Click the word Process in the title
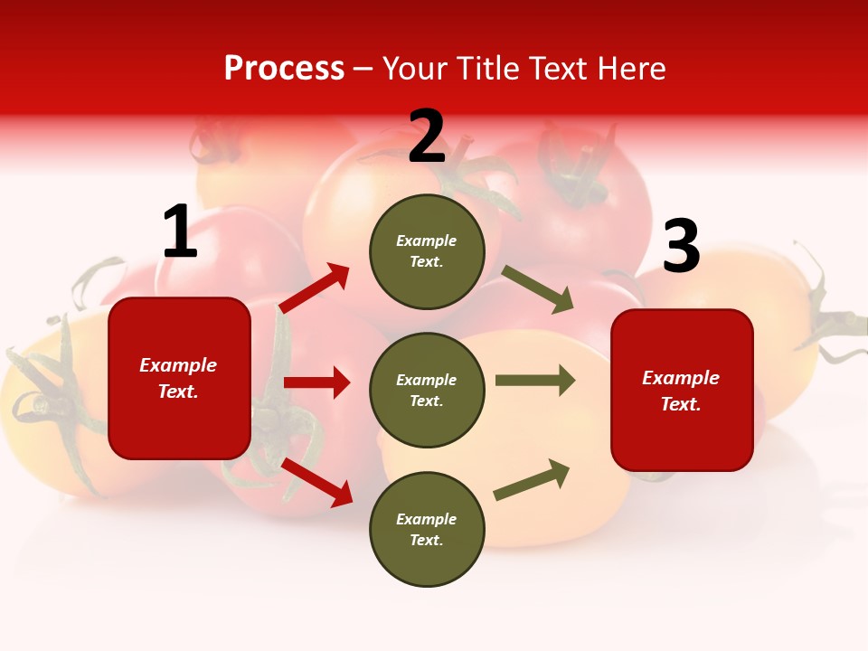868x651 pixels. pyautogui.click(x=284, y=69)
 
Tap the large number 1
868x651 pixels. pyautogui.click(x=180, y=233)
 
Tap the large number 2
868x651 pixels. pyautogui.click(x=427, y=137)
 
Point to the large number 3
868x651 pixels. pyautogui.click(x=681, y=248)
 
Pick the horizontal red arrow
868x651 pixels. pyautogui.click(x=317, y=382)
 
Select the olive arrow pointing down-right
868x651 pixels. pyautogui.click(x=538, y=289)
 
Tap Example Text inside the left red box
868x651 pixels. pyautogui.click(x=178, y=378)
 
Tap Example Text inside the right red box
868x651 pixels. pyautogui.click(x=681, y=391)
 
